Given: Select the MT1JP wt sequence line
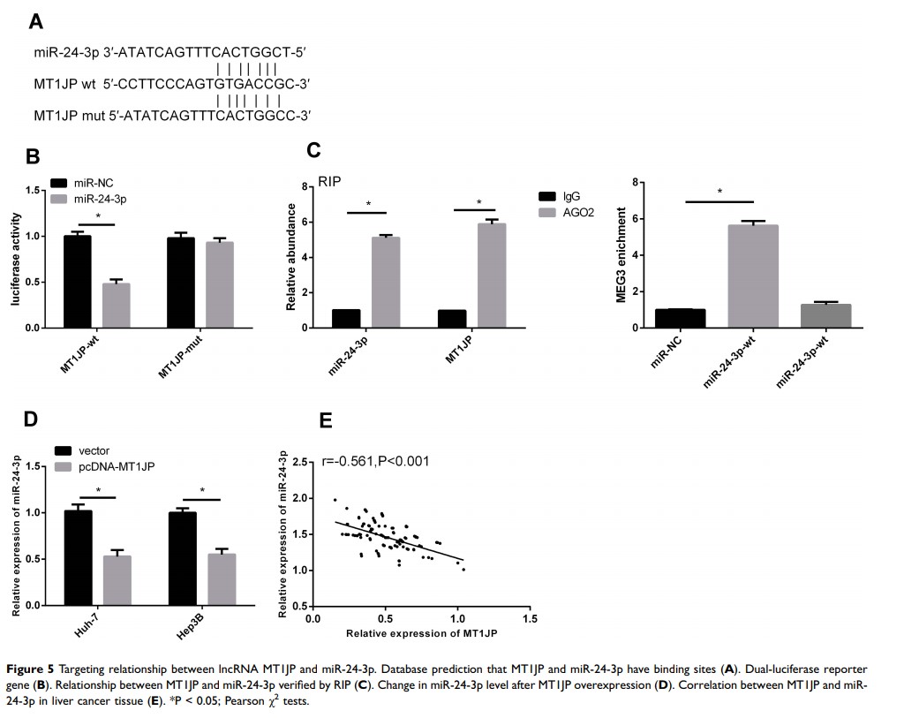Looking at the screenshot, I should (171, 85).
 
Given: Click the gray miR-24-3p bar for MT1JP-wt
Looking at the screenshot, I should (117, 305).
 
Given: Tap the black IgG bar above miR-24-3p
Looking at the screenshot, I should (345, 318).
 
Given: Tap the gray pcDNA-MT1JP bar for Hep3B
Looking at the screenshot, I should (222, 579).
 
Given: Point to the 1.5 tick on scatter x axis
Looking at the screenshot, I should (529, 618).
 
